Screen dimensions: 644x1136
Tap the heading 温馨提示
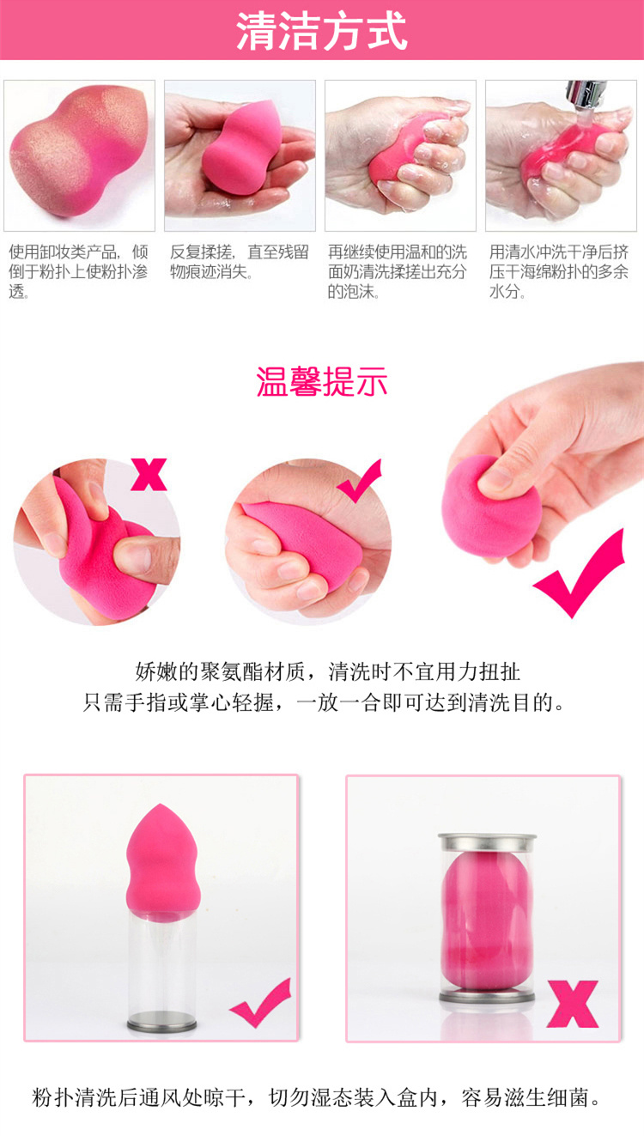[x=322, y=381]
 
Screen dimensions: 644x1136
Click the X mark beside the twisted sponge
[x=149, y=474]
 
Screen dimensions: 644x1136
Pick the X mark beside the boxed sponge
[x=573, y=1004]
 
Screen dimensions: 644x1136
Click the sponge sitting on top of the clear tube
[x=163, y=863]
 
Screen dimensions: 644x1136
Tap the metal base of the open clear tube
[x=161, y=1025]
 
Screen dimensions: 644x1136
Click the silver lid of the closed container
[x=487, y=842]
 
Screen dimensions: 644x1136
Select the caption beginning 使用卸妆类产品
[x=78, y=271]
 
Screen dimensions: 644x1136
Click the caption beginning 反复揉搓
[x=240, y=262]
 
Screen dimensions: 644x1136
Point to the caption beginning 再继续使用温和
[x=397, y=271]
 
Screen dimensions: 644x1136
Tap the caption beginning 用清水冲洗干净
[x=558, y=271]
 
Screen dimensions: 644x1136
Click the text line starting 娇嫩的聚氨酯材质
[x=327, y=672]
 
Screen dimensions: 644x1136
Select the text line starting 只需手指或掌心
[x=324, y=703]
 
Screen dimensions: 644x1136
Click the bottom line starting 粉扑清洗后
[x=317, y=1097]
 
